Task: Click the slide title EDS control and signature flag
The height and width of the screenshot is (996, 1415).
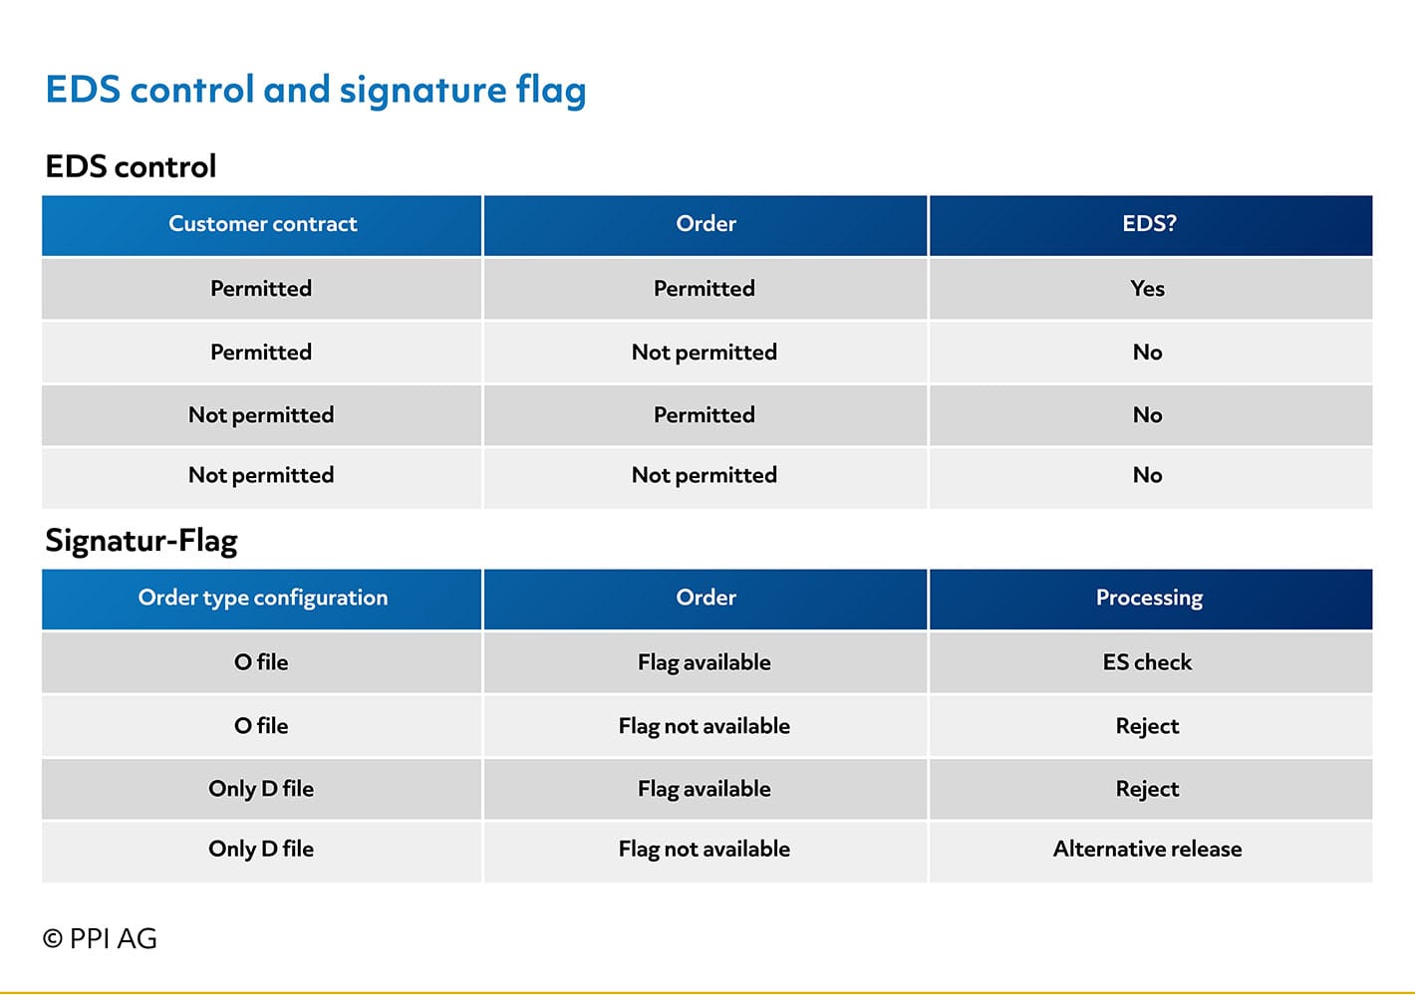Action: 316,91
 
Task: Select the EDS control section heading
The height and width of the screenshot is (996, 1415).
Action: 131,166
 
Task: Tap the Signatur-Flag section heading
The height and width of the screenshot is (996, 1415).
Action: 141,541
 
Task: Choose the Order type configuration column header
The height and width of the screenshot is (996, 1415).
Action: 263,599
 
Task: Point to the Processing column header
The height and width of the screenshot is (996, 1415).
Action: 1149,599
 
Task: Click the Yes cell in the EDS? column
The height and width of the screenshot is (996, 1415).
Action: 1147,289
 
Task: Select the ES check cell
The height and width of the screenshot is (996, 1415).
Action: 1147,662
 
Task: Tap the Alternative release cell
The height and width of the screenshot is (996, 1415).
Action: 1147,849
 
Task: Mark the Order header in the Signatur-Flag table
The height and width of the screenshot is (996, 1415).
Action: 706,599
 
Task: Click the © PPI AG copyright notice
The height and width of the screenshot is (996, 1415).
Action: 100,939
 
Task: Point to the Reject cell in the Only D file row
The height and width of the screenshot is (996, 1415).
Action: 1147,790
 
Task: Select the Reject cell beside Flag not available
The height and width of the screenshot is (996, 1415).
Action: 1147,726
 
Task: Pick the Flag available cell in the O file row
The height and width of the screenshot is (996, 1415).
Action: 704,663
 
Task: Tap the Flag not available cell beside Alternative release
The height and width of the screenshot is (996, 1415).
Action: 704,850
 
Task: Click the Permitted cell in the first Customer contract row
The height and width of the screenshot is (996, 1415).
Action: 261,289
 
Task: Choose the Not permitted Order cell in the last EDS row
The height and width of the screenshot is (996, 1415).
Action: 704,475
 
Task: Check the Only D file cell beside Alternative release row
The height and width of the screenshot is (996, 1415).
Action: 261,850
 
